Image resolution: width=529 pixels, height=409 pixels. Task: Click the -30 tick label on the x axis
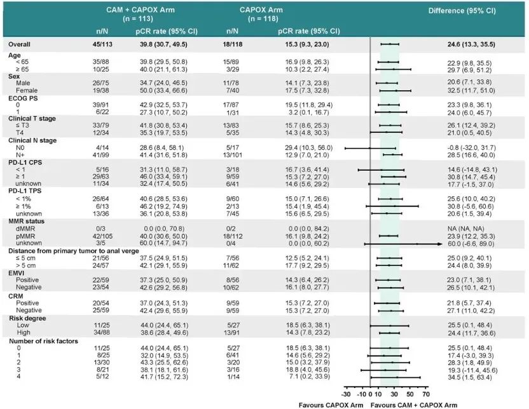click(x=346, y=394)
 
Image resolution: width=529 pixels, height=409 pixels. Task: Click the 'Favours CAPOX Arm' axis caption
click(x=331, y=405)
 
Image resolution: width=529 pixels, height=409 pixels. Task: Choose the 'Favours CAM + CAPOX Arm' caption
click(x=414, y=405)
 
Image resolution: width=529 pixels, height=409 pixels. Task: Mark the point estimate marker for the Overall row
click(x=390, y=44)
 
